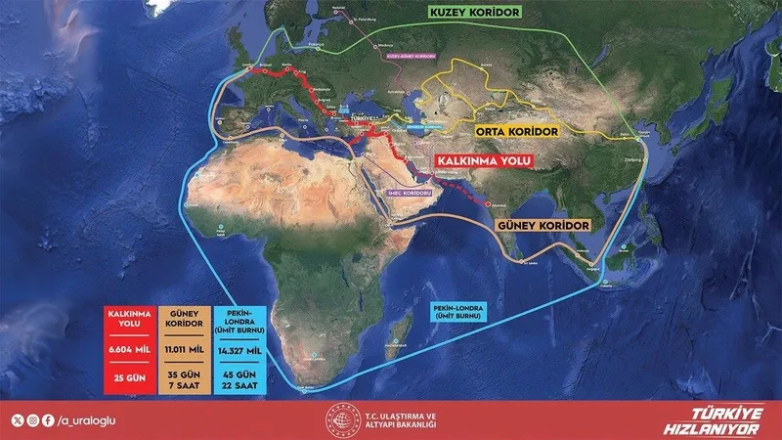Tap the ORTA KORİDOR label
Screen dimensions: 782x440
tap(518, 129)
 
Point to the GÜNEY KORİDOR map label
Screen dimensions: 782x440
tap(544, 226)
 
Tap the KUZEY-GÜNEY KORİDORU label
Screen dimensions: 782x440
tap(412, 56)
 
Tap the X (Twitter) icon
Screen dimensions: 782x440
tap(17, 420)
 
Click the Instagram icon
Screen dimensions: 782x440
tap(31, 420)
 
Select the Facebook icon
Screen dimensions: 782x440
tap(46, 420)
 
